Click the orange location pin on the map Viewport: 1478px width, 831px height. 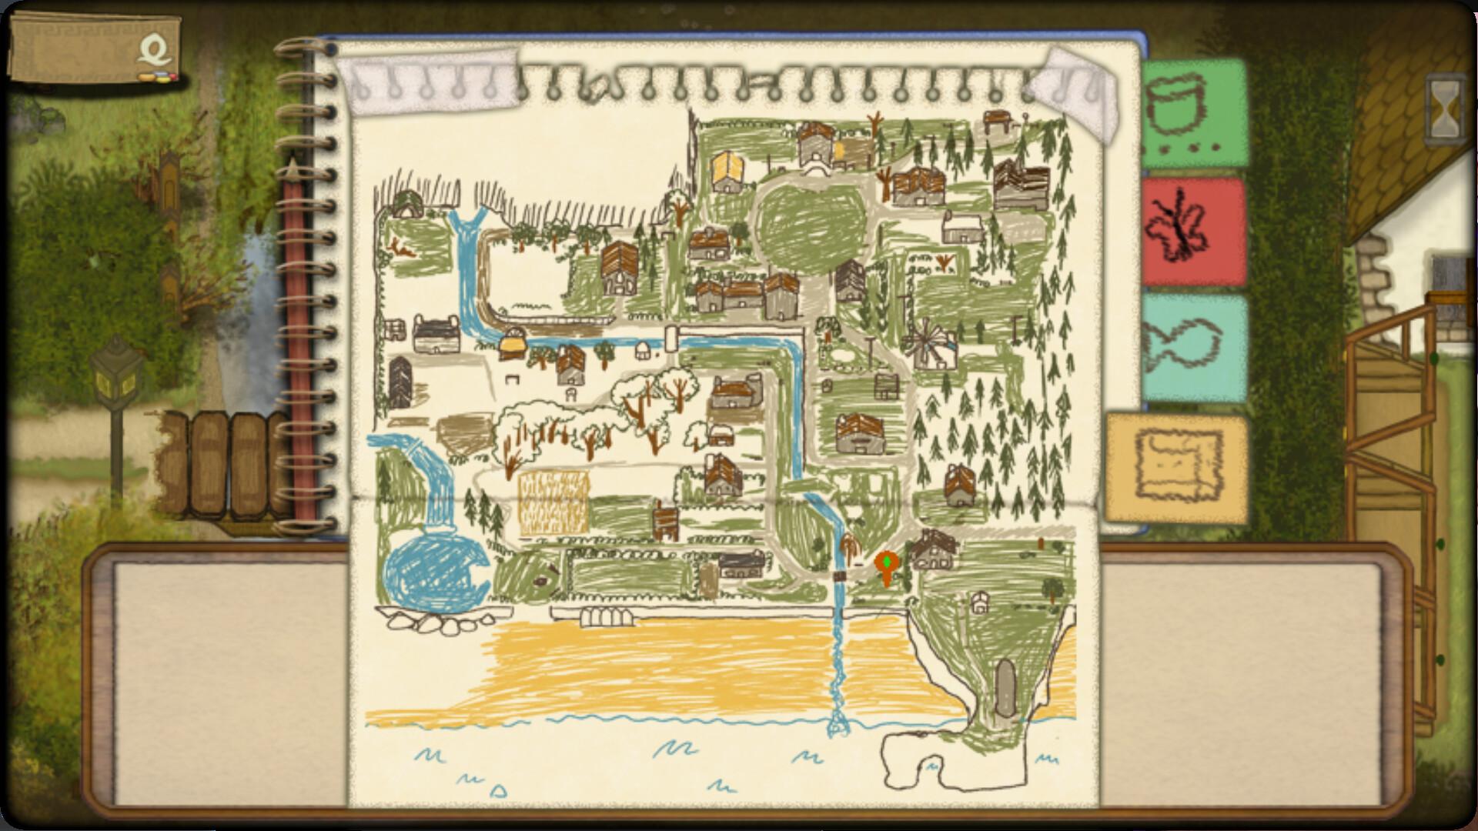pyautogui.click(x=887, y=566)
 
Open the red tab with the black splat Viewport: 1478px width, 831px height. pyautogui.click(x=1193, y=231)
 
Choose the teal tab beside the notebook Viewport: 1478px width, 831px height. pyautogui.click(x=1193, y=349)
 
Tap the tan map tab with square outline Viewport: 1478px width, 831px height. pyautogui.click(x=1176, y=468)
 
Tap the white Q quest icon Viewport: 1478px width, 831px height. pyautogui.click(x=155, y=52)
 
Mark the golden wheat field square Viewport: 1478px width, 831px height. pyautogui.click(x=553, y=503)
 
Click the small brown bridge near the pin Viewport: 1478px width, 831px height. pyautogui.click(x=840, y=576)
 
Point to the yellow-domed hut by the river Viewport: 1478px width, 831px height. pyautogui.click(x=511, y=344)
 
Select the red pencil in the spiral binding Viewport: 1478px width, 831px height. pyautogui.click(x=295, y=323)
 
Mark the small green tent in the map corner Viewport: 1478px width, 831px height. pyautogui.click(x=406, y=204)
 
